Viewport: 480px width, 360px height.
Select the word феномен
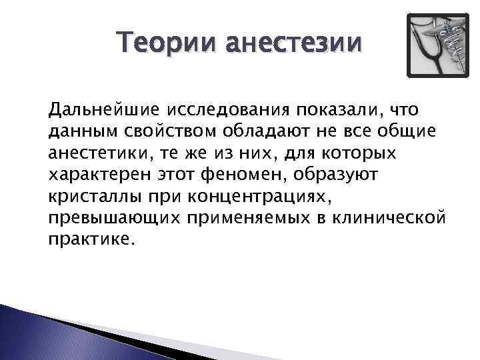[x=259, y=175]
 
